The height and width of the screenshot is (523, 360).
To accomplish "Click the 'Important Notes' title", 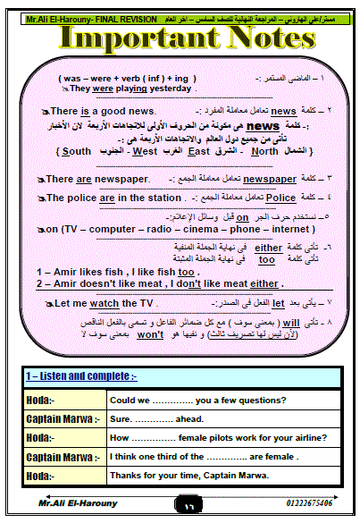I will (x=179, y=39).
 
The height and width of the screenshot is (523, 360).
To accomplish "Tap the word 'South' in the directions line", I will (x=73, y=152).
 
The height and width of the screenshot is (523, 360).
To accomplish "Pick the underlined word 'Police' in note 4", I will (x=280, y=198).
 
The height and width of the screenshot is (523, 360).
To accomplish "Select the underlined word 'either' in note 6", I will (x=268, y=247).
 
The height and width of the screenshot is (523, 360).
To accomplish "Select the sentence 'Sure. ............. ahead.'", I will (x=154, y=418).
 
